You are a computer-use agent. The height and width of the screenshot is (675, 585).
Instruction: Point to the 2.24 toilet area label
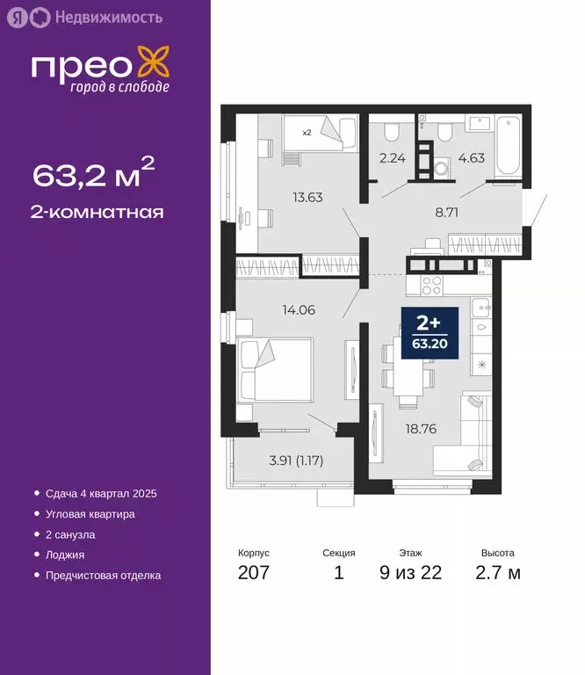391,159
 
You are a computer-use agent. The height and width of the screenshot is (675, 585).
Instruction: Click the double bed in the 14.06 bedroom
274,370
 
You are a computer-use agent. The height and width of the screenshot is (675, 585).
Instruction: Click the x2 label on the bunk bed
307,133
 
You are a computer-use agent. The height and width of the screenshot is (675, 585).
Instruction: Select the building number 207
253,573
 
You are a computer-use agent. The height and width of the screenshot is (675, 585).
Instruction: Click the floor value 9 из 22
410,573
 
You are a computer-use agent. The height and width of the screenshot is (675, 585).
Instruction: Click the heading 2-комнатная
98,212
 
